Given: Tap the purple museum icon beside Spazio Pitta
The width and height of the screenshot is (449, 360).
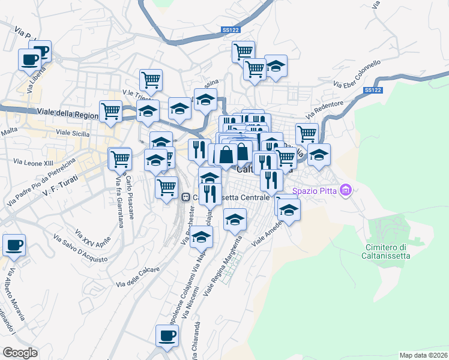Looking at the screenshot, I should pyautogui.click(x=345, y=191).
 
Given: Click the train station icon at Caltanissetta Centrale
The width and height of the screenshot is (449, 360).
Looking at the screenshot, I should pyautogui.click(x=186, y=196).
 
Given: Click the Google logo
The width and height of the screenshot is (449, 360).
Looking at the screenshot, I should pyautogui.click(x=20, y=353).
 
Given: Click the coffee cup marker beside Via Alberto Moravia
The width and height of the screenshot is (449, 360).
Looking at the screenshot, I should pyautogui.click(x=14, y=245).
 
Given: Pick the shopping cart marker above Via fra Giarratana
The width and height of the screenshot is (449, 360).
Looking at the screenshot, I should pyautogui.click(x=120, y=159).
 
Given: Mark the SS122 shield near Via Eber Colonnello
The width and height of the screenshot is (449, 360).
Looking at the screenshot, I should pyautogui.click(x=373, y=90).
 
